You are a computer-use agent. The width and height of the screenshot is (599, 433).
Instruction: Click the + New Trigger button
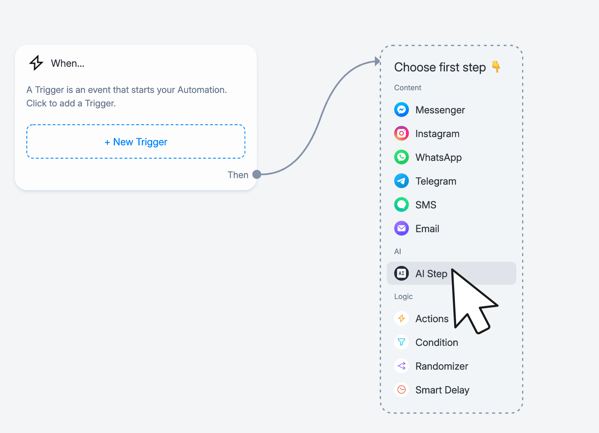pos(136,142)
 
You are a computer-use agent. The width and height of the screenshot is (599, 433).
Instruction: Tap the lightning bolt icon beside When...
pos(36,63)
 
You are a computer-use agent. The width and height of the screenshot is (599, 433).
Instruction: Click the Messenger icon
pos(401,110)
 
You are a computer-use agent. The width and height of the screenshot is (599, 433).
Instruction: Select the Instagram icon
pos(401,134)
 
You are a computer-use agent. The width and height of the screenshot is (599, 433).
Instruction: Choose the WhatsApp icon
pos(401,157)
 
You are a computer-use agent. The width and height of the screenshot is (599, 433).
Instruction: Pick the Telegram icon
pos(401,181)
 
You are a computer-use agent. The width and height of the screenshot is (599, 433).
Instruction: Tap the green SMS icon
pos(401,205)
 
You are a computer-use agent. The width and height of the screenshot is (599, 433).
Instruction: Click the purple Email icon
pos(401,228)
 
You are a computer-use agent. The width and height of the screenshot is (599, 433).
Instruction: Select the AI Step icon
pos(401,273)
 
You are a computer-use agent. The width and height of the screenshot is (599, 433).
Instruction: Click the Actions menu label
pos(432,319)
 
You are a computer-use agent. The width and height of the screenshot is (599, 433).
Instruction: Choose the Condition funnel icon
pos(401,342)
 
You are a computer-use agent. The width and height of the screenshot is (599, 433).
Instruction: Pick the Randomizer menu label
pos(442,366)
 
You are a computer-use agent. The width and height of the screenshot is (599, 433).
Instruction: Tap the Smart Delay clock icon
pos(401,390)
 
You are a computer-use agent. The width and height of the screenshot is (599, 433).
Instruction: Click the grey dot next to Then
pos(257,174)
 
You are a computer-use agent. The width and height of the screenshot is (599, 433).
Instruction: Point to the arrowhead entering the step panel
pos(377,61)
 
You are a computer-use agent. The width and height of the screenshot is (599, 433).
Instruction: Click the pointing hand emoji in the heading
pos(496,66)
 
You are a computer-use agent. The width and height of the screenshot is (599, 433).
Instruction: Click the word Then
pos(238,175)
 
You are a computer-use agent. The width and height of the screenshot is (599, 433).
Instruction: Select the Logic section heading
pos(403,296)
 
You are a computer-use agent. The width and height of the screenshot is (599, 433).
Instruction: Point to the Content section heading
pos(408,88)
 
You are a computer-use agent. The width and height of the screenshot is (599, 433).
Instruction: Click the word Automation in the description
pos(202,90)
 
